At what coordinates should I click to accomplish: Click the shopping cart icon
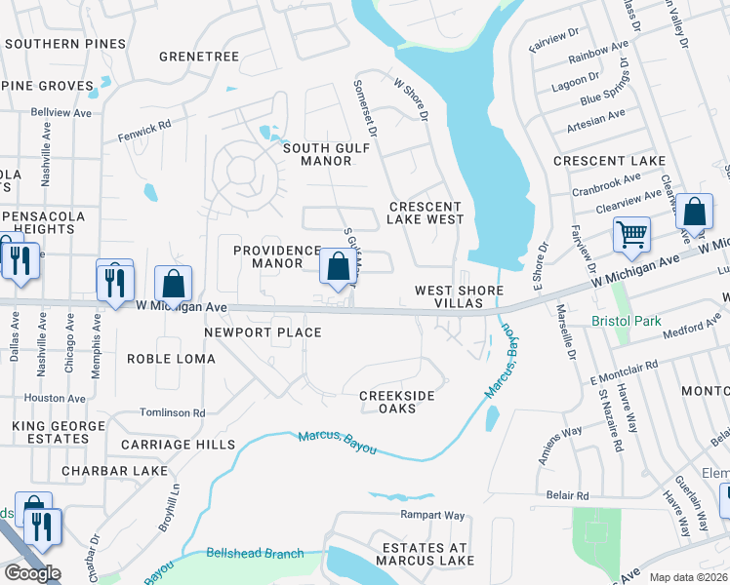(631, 235)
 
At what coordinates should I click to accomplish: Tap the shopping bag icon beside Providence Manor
(338, 266)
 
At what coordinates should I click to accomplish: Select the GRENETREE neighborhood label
(198, 57)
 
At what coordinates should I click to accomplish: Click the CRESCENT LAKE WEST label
(425, 213)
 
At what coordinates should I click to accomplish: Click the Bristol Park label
(626, 321)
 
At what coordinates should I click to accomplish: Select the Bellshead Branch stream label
(255, 554)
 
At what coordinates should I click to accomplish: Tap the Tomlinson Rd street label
(172, 412)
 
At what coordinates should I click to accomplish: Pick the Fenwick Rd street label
(144, 124)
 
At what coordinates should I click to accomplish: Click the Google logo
(32, 573)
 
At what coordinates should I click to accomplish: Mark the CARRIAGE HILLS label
(178, 445)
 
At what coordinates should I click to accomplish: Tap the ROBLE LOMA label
(172, 359)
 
